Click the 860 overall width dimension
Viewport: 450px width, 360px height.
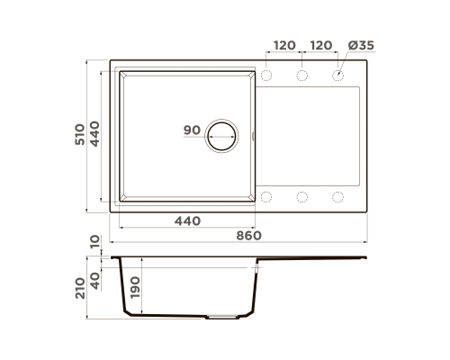pyautogui.click(x=248, y=236)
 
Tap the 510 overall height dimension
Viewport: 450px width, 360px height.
pyautogui.click(x=80, y=134)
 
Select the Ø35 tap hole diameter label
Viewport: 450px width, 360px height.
pyautogui.click(x=361, y=45)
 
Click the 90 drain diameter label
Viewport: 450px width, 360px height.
pyautogui.click(x=192, y=130)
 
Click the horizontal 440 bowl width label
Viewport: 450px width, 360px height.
pyautogui.click(x=187, y=221)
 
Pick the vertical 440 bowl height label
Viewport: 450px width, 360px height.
pyautogui.click(x=94, y=134)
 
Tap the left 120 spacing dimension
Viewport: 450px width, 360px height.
pyautogui.click(x=284, y=45)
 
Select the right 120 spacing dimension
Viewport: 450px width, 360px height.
pyautogui.click(x=321, y=45)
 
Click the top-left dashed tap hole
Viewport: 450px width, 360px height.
pyautogui.click(x=266, y=76)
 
